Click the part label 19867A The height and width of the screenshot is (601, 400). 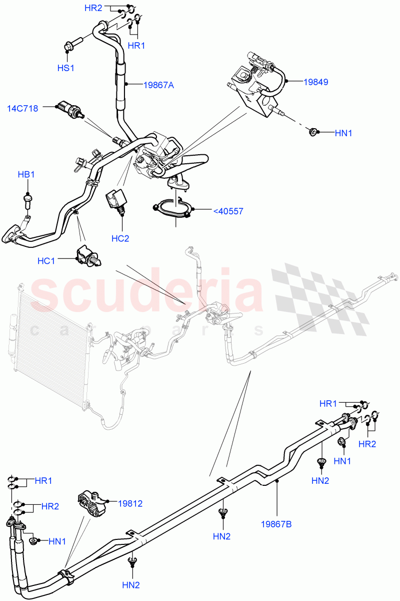coord(158,85)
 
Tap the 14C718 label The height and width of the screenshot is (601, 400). coord(22,108)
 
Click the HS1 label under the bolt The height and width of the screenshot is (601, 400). coord(65,68)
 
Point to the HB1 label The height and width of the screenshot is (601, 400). coord(26,175)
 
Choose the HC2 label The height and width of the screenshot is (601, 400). coord(120,238)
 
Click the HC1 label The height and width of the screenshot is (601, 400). coord(46,260)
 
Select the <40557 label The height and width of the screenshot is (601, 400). coord(228,211)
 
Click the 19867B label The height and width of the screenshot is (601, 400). coord(276,524)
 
